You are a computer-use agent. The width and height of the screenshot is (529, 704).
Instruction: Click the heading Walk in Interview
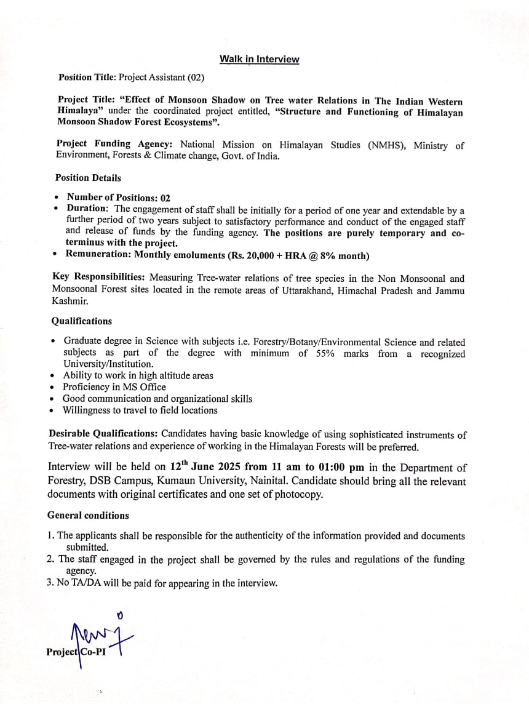pyautogui.click(x=260, y=59)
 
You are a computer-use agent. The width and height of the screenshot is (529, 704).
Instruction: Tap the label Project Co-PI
pyautogui.click(x=76, y=652)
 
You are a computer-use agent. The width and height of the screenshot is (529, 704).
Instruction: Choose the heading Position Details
pyautogui.click(x=88, y=178)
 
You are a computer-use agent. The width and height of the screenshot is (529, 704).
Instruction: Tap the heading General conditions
pyautogui.click(x=88, y=515)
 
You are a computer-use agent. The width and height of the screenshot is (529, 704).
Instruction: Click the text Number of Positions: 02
pyautogui.click(x=118, y=198)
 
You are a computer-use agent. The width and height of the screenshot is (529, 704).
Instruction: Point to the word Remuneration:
pyautogui.click(x=98, y=255)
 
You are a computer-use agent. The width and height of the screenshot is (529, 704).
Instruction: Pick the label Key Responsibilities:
pyautogui.click(x=100, y=278)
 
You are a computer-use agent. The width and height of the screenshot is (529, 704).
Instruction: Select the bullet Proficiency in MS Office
pyautogui.click(x=114, y=387)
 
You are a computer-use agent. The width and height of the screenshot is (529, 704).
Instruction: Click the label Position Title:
pyautogui.click(x=87, y=78)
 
